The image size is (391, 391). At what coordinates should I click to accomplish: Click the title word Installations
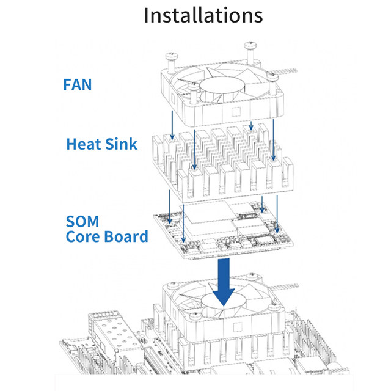(203, 15)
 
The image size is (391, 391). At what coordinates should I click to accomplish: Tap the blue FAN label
(77, 83)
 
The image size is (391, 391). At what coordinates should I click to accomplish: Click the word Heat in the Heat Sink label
(86, 144)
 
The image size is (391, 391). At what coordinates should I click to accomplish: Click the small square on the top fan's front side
(236, 112)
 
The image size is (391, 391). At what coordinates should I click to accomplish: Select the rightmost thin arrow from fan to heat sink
(273, 137)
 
